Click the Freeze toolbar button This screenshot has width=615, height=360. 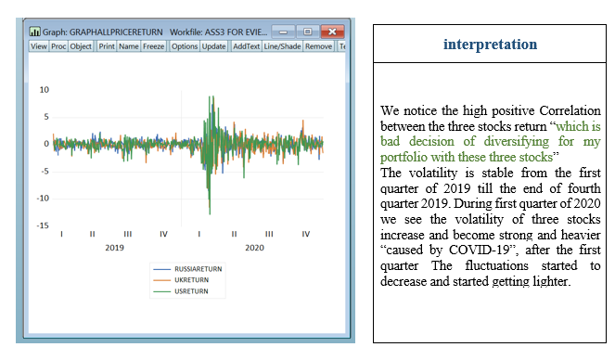coord(154,46)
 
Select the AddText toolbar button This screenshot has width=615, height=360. coord(246,46)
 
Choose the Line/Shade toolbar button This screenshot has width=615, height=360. coord(283,46)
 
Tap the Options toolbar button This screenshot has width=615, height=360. coord(185,46)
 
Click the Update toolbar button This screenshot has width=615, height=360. coord(213,46)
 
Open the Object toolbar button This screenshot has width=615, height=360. coord(82,46)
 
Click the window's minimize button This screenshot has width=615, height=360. coord(286,31)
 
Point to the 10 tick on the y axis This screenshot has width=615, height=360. coord(44,90)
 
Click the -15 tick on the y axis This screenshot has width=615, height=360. coord(43,225)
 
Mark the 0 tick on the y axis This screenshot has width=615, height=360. coord(45,144)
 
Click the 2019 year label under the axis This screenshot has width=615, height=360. coord(114,249)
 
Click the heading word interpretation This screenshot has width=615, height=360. coord(490,45)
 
